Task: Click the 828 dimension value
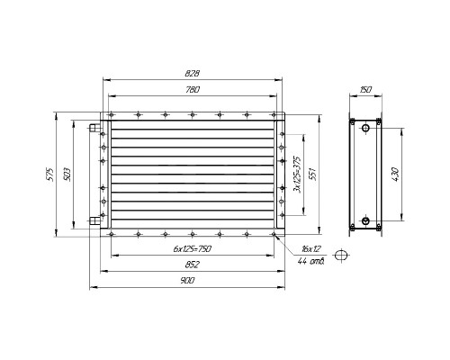193,74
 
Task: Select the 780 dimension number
193,89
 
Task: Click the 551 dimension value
313,174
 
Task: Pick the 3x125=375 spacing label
297,175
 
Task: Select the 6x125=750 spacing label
193,248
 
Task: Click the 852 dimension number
193,265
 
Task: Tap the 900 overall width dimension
187,281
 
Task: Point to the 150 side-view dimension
365,89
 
